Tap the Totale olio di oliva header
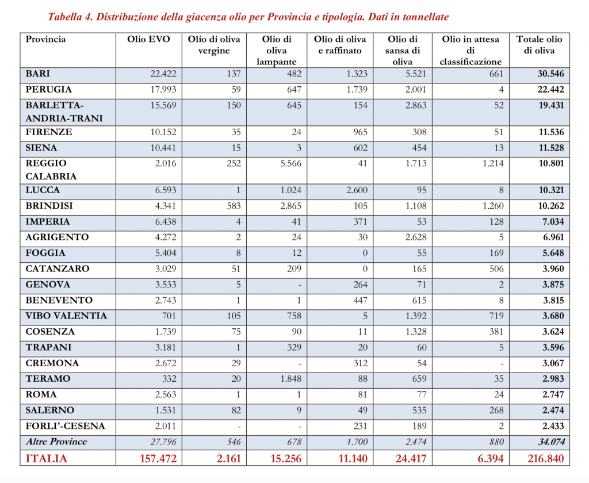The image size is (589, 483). pos(539,45)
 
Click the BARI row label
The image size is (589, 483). pos(37,74)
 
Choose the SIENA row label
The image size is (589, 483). pos(40,148)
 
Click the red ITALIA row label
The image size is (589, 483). pos(47,458)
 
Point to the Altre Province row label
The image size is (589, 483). pos(56,442)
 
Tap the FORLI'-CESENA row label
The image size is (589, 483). pos(64,426)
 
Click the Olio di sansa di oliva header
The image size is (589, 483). pos(403,50)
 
